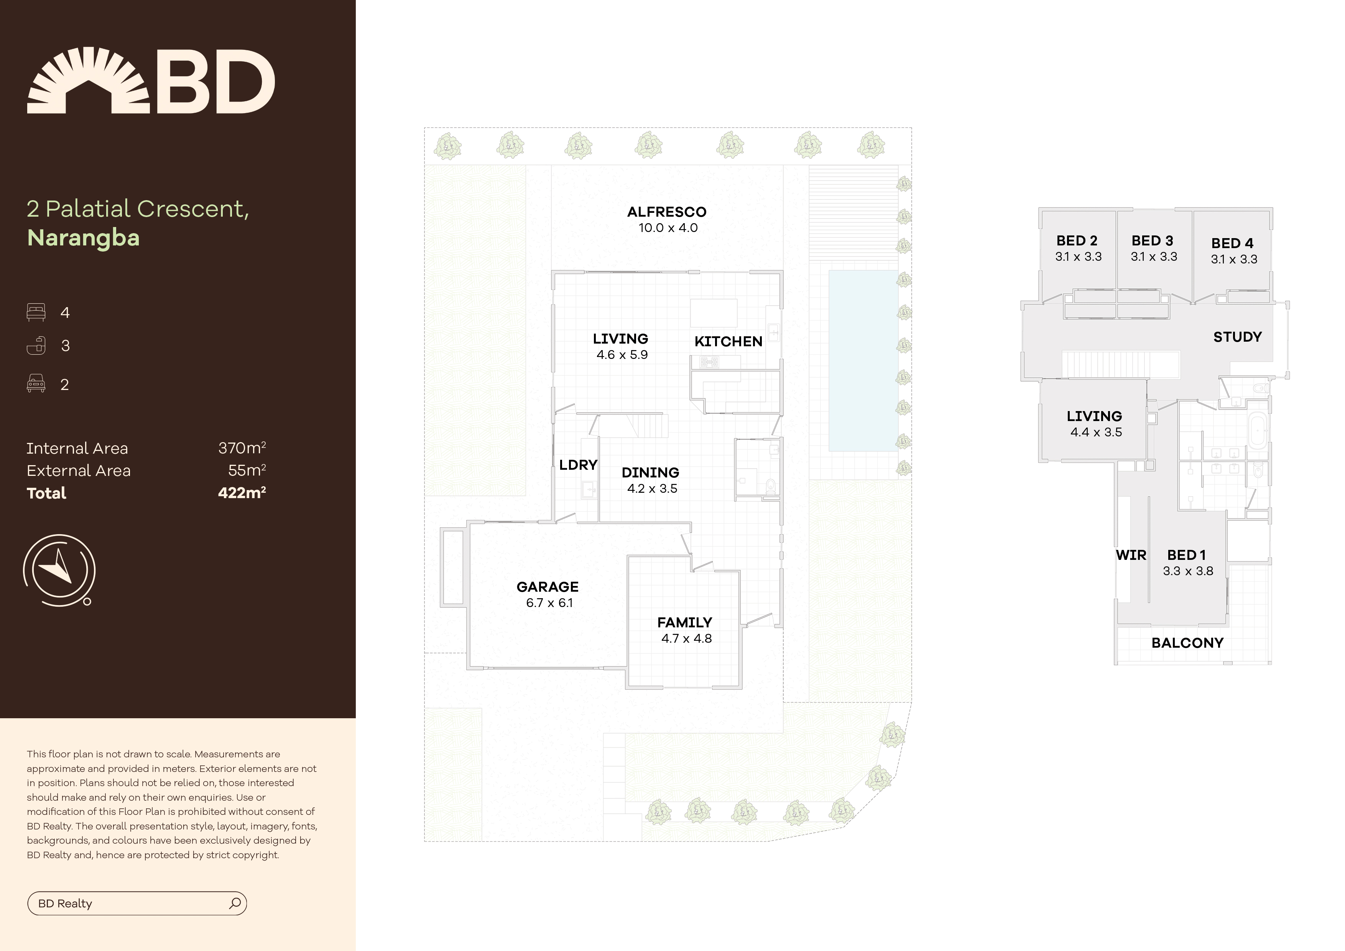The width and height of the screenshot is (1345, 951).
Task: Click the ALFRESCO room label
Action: point(667,212)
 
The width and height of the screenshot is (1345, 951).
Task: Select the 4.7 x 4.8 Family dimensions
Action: point(687,639)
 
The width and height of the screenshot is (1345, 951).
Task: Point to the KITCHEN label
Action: point(728,342)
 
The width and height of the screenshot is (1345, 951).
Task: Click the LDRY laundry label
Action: point(578,465)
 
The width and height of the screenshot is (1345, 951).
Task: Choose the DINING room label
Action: point(650,473)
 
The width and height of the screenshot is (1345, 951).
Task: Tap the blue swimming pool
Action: point(863,360)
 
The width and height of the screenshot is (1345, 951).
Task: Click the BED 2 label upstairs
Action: point(1077,241)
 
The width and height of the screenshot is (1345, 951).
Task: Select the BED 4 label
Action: point(1233,243)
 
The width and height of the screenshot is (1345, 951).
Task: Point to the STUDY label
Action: point(1237,337)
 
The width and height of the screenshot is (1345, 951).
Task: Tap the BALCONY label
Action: point(1187,643)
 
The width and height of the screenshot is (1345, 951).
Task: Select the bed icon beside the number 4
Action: point(36,312)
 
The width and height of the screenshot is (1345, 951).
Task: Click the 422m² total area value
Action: point(242,493)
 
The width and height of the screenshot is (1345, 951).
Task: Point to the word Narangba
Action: point(83,238)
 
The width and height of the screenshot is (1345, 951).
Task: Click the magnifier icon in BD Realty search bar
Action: point(235,903)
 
